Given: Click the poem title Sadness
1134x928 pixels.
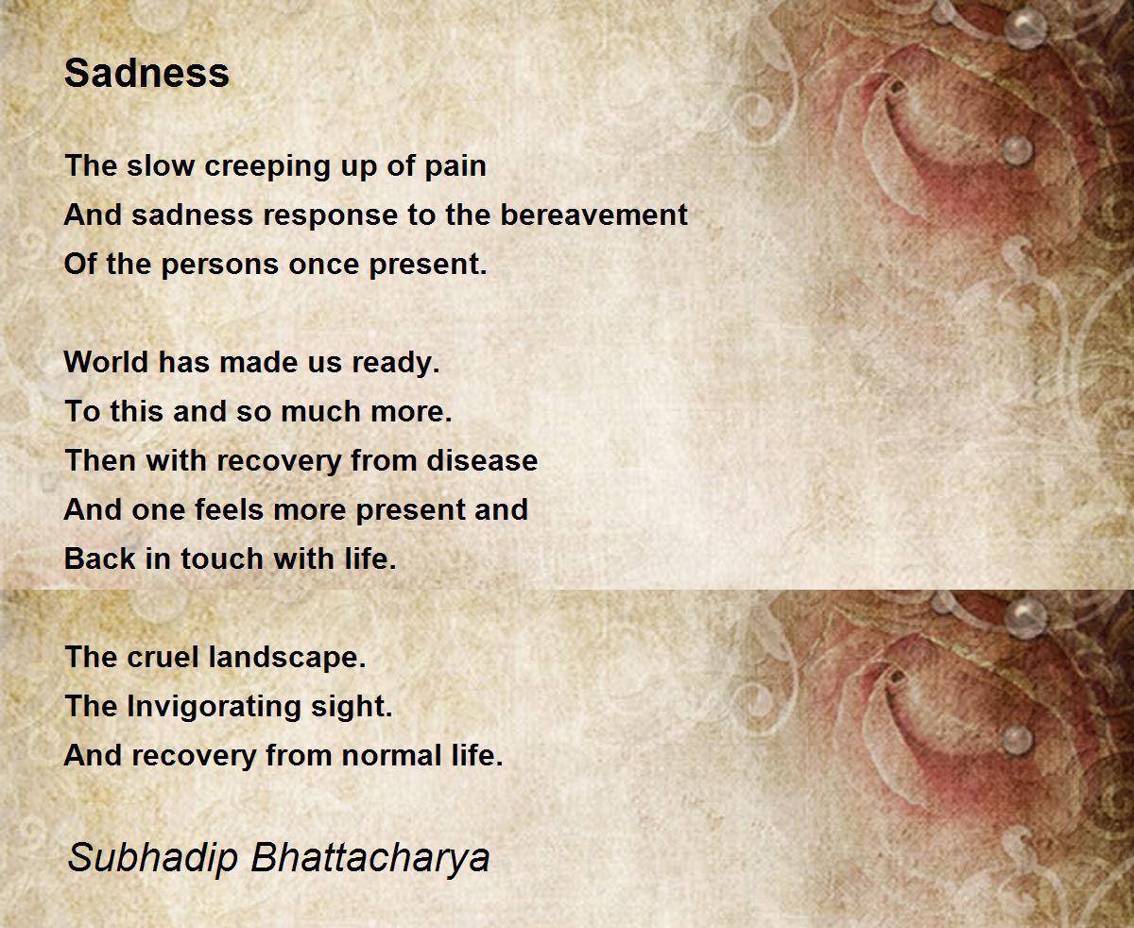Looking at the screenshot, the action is tap(146, 73).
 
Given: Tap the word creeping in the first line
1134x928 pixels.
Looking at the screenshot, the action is tap(267, 167).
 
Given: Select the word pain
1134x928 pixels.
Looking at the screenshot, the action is tap(455, 167).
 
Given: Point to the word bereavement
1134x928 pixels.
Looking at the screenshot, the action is tap(593, 215).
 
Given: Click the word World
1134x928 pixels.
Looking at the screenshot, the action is tap(106, 362).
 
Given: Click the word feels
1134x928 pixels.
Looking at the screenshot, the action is tap(229, 509).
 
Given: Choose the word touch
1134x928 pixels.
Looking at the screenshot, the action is tap(222, 559).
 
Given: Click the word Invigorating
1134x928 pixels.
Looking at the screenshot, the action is tap(214, 708).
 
